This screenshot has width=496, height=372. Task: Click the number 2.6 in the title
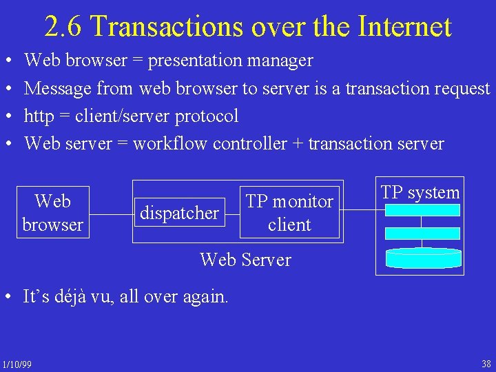point(63,26)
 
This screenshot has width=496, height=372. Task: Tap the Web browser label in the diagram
point(52,213)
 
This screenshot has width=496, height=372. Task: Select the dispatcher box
point(179,213)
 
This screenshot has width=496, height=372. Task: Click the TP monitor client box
point(289,213)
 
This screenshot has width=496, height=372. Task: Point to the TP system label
point(420,193)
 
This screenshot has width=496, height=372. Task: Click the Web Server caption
point(245,260)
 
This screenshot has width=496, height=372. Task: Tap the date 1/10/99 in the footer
point(17,364)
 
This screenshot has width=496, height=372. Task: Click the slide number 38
point(486,364)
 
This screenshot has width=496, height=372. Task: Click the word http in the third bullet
point(40,116)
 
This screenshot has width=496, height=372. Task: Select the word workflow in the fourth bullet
point(170,143)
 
